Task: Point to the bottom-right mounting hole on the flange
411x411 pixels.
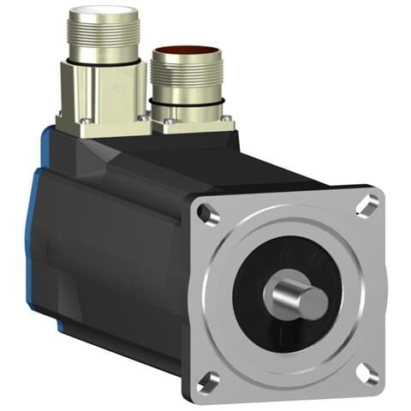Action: tap(366, 372)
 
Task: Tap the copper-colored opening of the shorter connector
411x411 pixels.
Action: tap(186, 55)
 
